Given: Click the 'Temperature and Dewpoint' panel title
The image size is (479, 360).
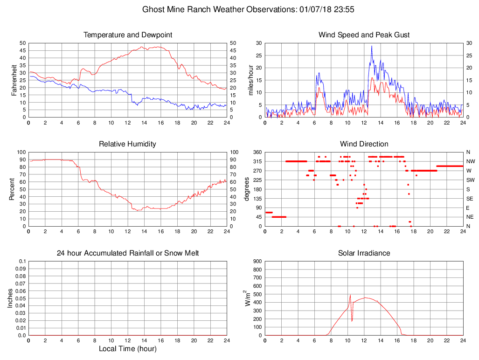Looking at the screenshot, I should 128,35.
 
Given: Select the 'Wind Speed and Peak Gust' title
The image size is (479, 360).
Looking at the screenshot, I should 364,35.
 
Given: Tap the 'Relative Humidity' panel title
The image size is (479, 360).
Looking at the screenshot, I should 128,144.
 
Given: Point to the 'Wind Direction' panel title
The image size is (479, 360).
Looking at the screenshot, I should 364,144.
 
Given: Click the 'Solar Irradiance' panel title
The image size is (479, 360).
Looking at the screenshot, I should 364,253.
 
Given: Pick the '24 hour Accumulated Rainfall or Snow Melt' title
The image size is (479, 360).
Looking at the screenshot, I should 128,253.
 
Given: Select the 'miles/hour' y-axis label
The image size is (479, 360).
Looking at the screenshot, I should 251,80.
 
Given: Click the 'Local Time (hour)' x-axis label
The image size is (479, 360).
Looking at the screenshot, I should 128,349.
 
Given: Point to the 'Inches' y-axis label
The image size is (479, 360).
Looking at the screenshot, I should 10,298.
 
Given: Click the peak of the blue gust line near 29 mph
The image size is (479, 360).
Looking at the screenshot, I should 372,46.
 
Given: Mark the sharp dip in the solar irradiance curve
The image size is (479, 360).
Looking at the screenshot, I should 352,321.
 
